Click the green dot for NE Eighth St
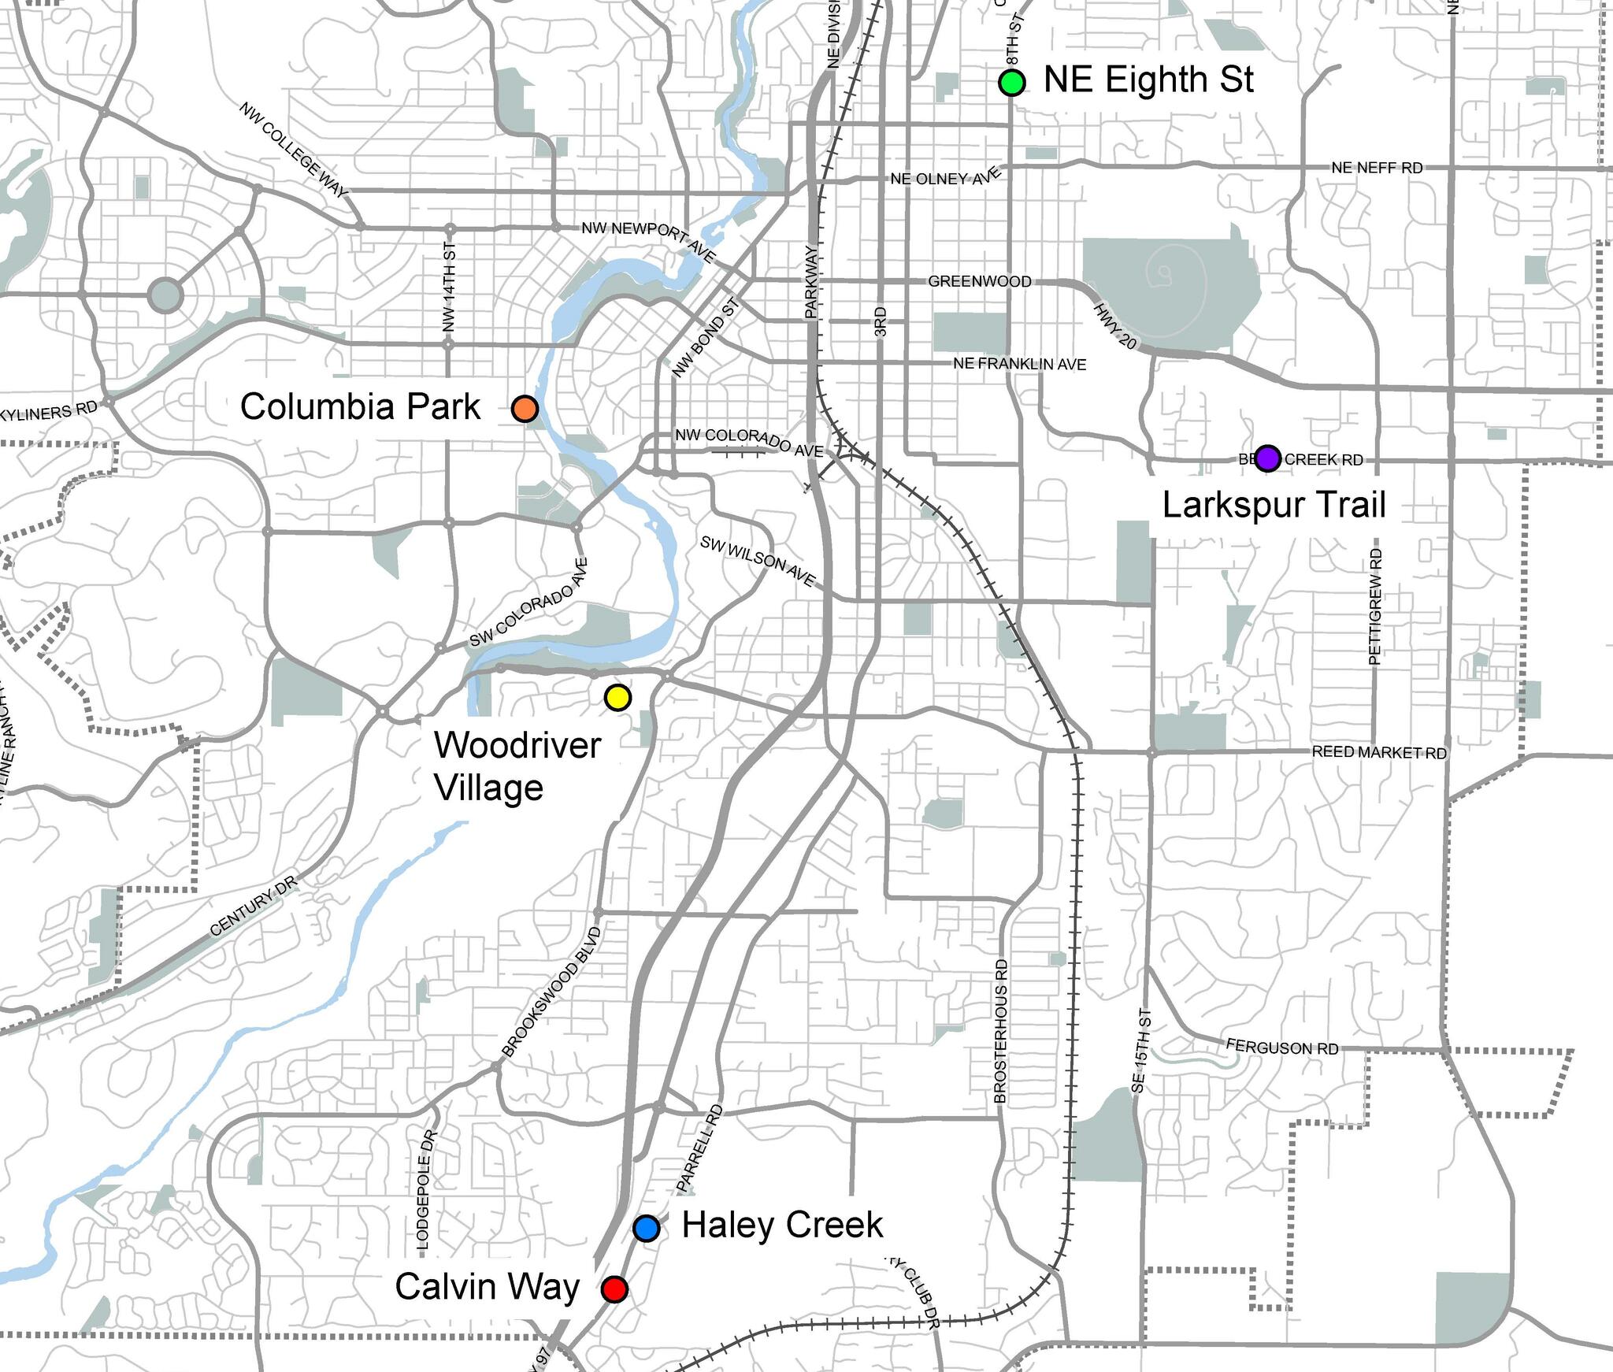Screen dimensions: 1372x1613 tap(1011, 82)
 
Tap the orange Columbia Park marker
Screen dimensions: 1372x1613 tap(525, 409)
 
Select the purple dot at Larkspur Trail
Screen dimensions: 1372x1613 tap(1267, 458)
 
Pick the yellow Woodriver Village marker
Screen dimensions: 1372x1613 tap(617, 697)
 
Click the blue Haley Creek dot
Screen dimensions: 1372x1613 tap(647, 1228)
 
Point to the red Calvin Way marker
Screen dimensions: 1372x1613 tap(614, 1289)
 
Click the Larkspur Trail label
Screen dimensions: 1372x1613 tap(1274, 505)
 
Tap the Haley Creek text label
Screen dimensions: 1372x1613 tap(782, 1226)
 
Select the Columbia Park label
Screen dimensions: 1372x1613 tap(360, 407)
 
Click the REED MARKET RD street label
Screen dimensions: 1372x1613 tap(1379, 752)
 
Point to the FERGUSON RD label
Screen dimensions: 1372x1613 tap(1282, 1048)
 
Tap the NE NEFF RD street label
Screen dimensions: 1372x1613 tap(1377, 168)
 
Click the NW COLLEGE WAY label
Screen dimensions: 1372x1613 tap(293, 150)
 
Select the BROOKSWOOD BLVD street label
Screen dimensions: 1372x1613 tap(551, 993)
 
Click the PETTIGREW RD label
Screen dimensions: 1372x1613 tap(1375, 606)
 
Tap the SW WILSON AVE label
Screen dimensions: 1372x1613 tap(758, 561)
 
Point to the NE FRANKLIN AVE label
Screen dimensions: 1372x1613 tap(1019, 364)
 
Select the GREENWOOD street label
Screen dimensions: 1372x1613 tap(979, 281)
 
